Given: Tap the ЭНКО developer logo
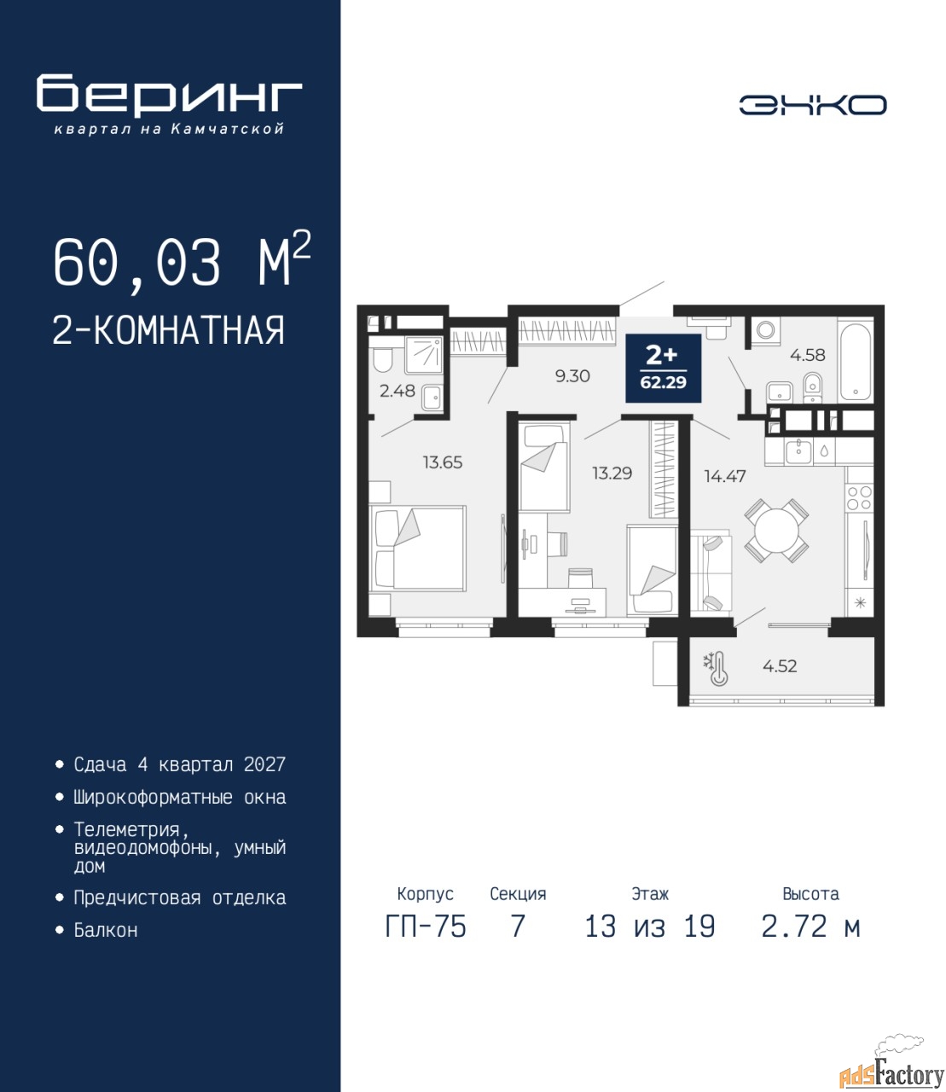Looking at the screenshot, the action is pyautogui.click(x=813, y=105).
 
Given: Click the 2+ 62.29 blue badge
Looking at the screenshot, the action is pyautogui.click(x=664, y=368).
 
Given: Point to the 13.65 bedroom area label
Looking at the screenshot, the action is pyautogui.click(x=443, y=462).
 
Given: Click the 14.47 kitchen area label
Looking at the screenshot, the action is pyautogui.click(x=725, y=476).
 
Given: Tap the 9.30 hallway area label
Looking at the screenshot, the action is pyautogui.click(x=572, y=376).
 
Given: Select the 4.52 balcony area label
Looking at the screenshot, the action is pyautogui.click(x=780, y=665).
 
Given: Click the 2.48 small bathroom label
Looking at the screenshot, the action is pyautogui.click(x=398, y=391).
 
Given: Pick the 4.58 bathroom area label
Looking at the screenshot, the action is pyautogui.click(x=807, y=355).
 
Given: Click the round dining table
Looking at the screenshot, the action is pyautogui.click(x=776, y=531).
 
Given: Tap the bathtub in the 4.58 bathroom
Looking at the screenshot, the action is pyautogui.click(x=855, y=358).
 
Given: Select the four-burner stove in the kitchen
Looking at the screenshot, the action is pyautogui.click(x=859, y=497).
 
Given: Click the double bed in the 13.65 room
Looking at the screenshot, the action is pyautogui.click(x=418, y=548).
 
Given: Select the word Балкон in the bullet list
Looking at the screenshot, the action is pyautogui.click(x=106, y=944).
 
